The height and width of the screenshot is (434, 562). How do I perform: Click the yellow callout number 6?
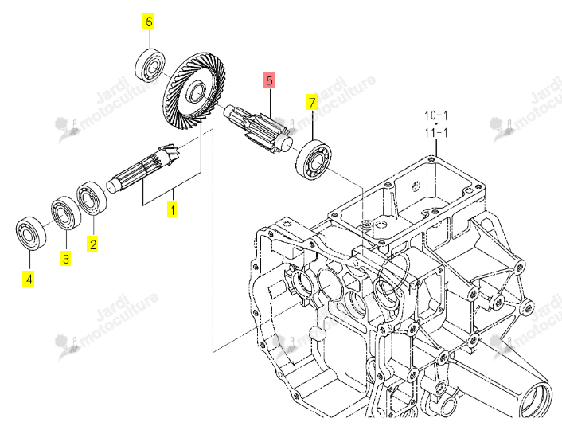tap(149, 22)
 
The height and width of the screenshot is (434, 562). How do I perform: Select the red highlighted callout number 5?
tap(270, 80)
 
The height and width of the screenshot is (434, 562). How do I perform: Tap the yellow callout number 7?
tap(312, 103)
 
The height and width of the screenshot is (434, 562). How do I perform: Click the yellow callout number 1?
tap(173, 209)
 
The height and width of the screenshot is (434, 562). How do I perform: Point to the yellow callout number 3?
tap(65, 259)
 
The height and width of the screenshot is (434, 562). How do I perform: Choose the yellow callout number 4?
tap(29, 279)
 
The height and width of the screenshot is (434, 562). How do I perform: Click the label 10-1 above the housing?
tap(436, 115)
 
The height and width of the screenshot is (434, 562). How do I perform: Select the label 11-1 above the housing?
tap(436, 133)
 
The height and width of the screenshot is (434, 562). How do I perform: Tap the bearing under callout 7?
tap(314, 159)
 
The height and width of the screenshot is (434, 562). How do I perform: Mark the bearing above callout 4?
tap(31, 233)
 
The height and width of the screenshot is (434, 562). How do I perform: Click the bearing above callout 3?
tap(66, 213)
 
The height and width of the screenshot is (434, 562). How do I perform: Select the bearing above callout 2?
tap(92, 198)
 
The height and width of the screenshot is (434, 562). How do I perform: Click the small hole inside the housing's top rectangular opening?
tap(416, 186)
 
